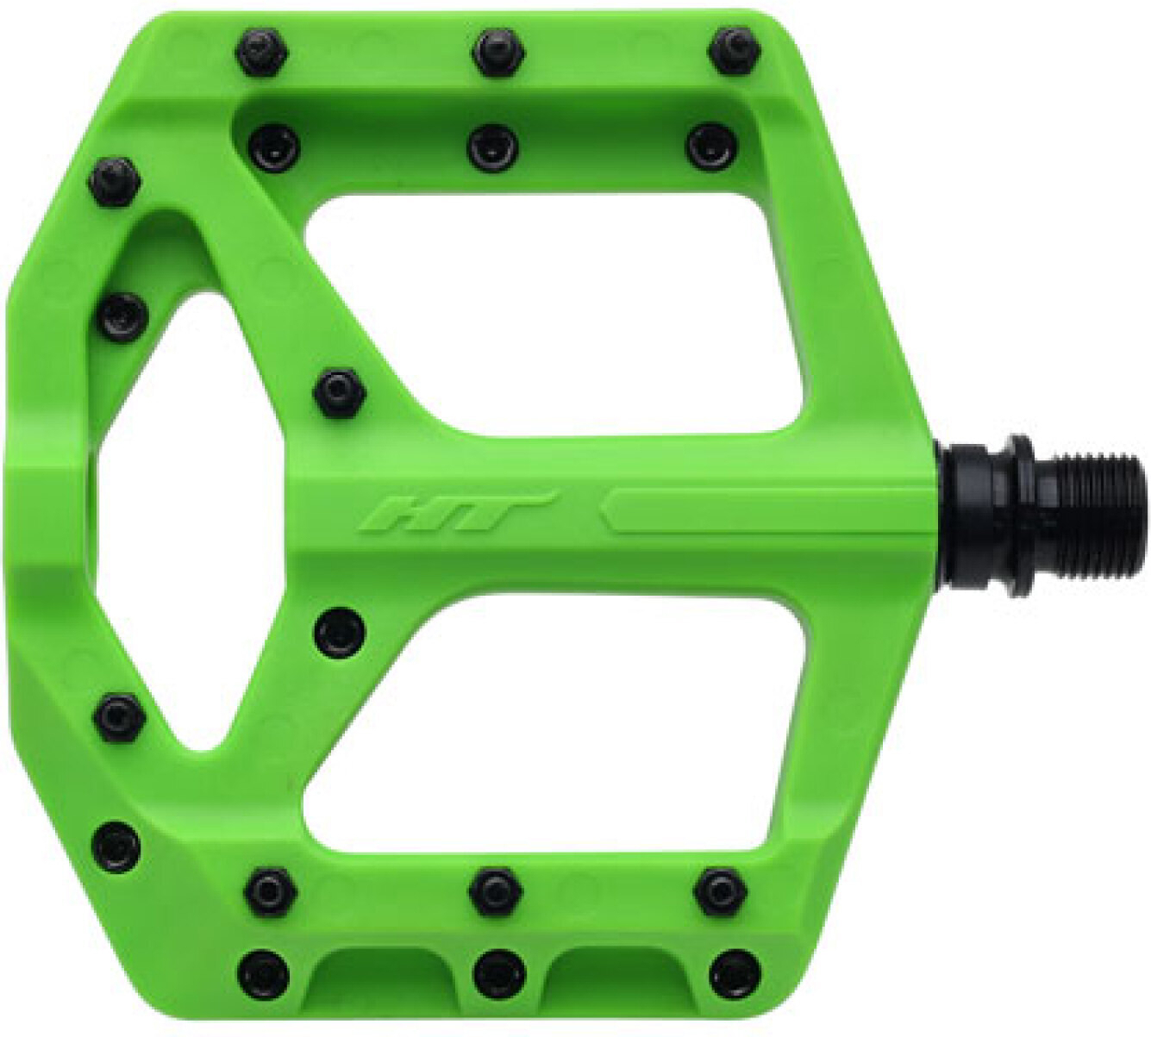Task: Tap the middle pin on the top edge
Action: pyautogui.click(x=496, y=51)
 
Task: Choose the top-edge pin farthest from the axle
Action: pyautogui.click(x=261, y=52)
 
